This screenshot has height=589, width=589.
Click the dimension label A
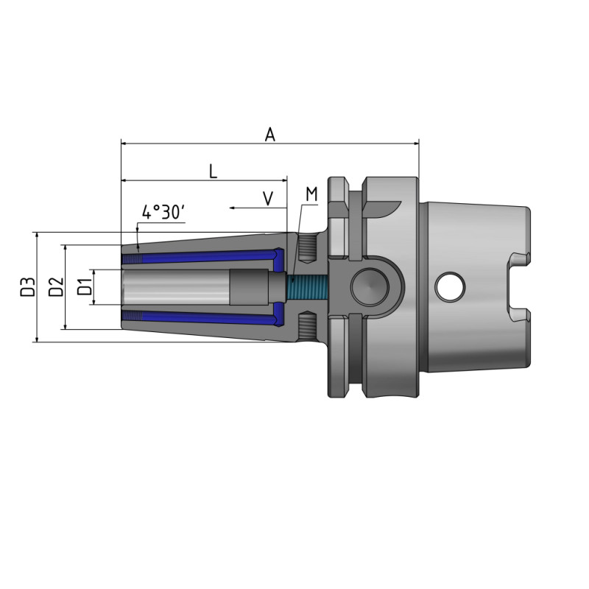270,134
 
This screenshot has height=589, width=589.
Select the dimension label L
213,172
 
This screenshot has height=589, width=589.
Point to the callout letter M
311,194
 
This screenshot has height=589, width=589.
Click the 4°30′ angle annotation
163,213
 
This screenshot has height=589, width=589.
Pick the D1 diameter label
85,286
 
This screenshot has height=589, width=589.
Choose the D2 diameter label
56,286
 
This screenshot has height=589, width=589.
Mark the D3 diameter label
27,286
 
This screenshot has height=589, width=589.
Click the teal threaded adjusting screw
305,286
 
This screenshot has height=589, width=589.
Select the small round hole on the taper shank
450,286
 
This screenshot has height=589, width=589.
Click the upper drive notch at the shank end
520,258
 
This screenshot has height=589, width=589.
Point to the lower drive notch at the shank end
520,315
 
